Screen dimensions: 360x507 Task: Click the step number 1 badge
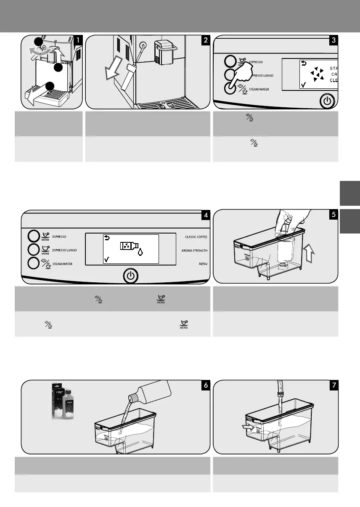click(x=79, y=41)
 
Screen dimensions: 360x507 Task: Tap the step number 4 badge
click(x=205, y=215)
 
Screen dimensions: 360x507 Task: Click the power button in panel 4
click(x=131, y=276)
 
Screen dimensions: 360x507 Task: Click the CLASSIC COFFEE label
click(x=196, y=237)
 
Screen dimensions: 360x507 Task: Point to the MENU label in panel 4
click(x=202, y=264)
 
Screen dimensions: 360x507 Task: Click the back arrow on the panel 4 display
click(x=106, y=238)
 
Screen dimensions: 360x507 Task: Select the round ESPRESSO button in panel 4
click(x=34, y=236)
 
